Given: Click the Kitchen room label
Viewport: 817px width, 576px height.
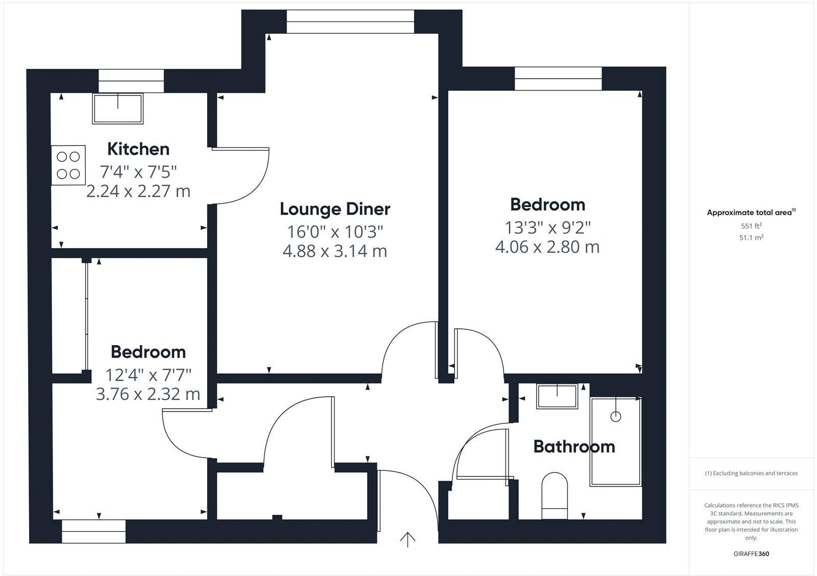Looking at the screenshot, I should click(x=138, y=149).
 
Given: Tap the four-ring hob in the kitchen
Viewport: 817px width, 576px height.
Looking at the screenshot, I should click(x=68, y=165).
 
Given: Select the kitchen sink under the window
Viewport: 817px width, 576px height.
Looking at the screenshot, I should click(x=118, y=108).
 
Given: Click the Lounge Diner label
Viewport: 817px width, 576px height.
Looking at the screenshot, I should click(x=335, y=209).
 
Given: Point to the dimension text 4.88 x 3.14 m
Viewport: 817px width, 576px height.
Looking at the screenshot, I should click(x=335, y=251).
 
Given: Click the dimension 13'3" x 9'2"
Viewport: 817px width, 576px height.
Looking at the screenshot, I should click(x=547, y=227).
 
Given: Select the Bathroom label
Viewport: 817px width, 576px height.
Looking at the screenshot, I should click(x=574, y=447).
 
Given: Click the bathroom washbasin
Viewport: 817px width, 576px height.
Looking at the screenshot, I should click(x=557, y=396).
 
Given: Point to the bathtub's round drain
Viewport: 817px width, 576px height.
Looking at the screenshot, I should click(x=616, y=416).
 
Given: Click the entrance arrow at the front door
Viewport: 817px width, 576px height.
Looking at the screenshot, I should click(x=407, y=539).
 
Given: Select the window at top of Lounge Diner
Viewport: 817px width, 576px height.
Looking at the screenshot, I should click(x=350, y=22).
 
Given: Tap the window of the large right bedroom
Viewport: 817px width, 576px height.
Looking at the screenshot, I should click(x=558, y=79).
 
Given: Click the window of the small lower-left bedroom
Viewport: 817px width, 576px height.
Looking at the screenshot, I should click(x=94, y=532).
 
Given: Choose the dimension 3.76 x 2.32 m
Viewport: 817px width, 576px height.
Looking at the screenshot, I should click(x=148, y=394).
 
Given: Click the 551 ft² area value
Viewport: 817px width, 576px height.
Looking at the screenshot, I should click(x=751, y=226).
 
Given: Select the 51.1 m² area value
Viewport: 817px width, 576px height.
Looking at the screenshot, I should click(x=751, y=237).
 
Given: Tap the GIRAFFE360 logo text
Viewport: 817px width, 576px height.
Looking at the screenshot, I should click(x=751, y=554).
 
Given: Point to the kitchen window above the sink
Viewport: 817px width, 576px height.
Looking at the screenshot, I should click(x=131, y=81).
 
